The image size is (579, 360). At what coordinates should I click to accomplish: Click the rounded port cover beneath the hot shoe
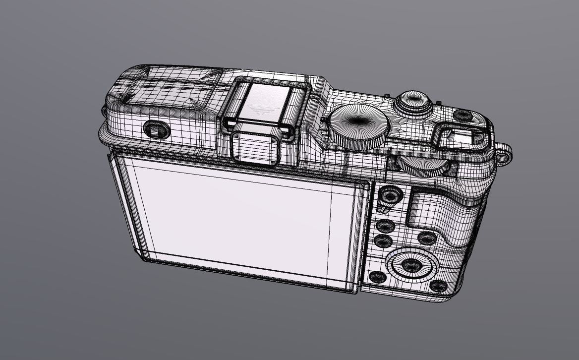[254, 146]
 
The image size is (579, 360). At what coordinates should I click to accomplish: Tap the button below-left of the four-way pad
[377, 277]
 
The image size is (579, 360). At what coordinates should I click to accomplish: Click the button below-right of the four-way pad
[438, 286]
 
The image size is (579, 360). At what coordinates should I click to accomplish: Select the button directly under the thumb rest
[426, 238]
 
